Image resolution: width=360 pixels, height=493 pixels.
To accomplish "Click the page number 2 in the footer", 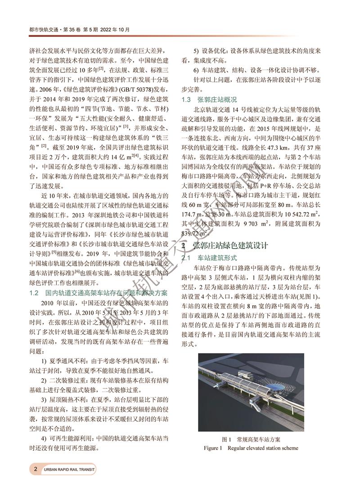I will pyautogui.click(x=35, y=469).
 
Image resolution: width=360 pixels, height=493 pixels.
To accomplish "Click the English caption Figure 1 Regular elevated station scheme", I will pyautogui.click(x=251, y=448).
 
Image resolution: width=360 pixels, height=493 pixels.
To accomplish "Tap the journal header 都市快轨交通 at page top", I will pyautogui.click(x=44, y=30).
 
